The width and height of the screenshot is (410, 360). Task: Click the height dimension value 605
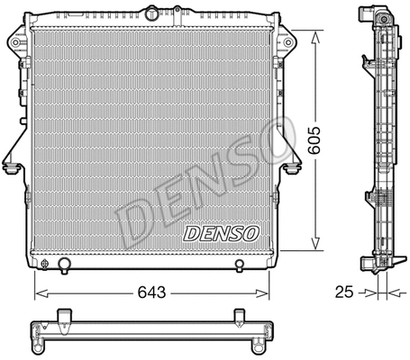[x=315, y=140]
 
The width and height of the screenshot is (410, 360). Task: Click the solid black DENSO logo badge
[x=221, y=233]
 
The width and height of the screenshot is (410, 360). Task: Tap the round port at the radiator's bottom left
[x=65, y=264]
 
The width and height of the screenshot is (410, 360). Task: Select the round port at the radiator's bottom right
[x=239, y=264]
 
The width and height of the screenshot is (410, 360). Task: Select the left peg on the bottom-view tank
[x=64, y=315]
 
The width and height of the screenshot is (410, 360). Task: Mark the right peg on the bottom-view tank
[x=240, y=315]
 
